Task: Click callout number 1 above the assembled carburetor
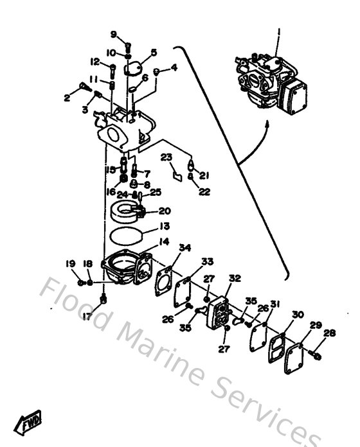click(x=278, y=31)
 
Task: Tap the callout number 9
click(x=113, y=34)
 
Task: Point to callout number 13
click(x=165, y=226)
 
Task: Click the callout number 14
click(x=164, y=243)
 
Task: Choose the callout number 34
click(x=184, y=249)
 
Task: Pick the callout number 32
click(x=235, y=278)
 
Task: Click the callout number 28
click(x=329, y=333)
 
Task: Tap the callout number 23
click(x=166, y=157)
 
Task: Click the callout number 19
click(x=71, y=263)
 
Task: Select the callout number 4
click(x=174, y=67)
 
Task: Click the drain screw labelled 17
click(x=104, y=299)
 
